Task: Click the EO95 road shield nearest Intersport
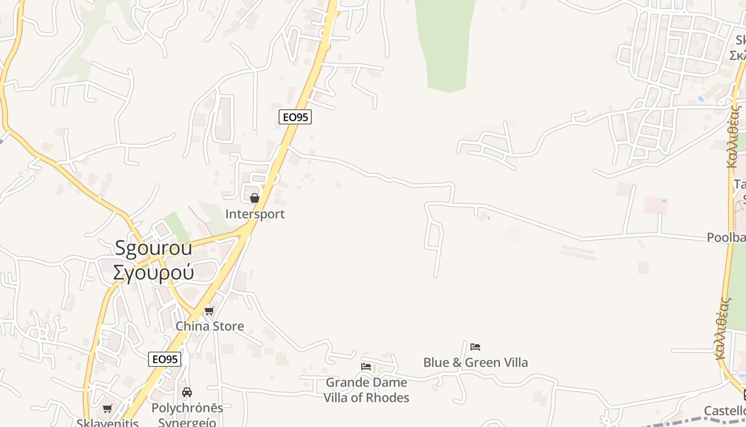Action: tap(295, 117)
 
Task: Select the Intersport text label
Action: tap(255, 214)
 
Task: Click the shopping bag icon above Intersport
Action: tap(255, 198)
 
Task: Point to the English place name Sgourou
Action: tap(154, 248)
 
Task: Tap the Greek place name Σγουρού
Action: tap(153, 272)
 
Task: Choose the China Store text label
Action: tap(210, 326)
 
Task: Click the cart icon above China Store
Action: tap(209, 311)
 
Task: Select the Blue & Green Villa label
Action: tap(475, 362)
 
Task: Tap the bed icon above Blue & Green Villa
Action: tap(475, 347)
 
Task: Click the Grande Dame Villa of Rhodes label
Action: tap(367, 390)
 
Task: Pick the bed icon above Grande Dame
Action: tap(366, 367)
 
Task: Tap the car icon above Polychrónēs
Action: tap(187, 392)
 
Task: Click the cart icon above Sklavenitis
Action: tap(108, 409)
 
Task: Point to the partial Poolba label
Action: tap(726, 238)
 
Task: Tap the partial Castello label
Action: tap(725, 410)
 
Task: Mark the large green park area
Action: tap(446, 43)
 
